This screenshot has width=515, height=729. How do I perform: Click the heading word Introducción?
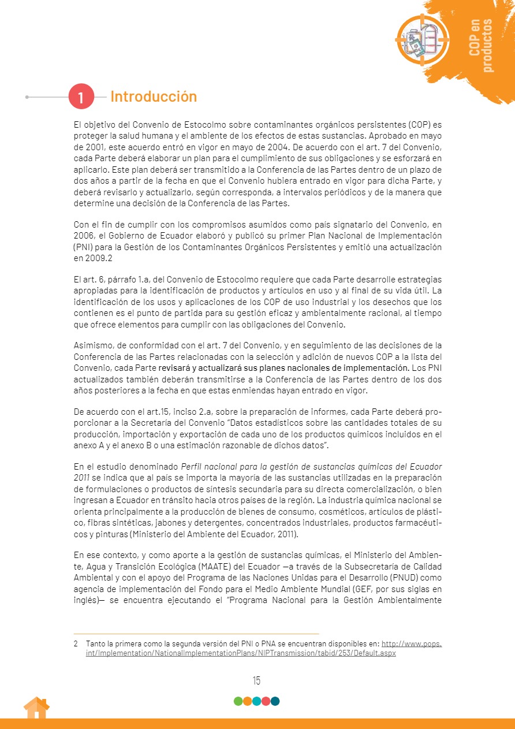(x=154, y=96)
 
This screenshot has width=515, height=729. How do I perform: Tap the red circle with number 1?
(x=81, y=97)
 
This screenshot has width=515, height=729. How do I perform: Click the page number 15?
(x=256, y=680)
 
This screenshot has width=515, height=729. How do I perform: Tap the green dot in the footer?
(x=238, y=701)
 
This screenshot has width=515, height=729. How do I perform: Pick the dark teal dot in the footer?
(x=275, y=701)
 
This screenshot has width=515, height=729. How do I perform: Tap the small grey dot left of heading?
(x=27, y=97)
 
